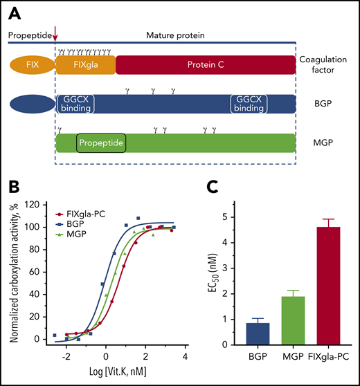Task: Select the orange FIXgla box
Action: click(84, 65)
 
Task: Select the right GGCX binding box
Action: click(248, 104)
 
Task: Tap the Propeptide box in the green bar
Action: click(101, 144)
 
